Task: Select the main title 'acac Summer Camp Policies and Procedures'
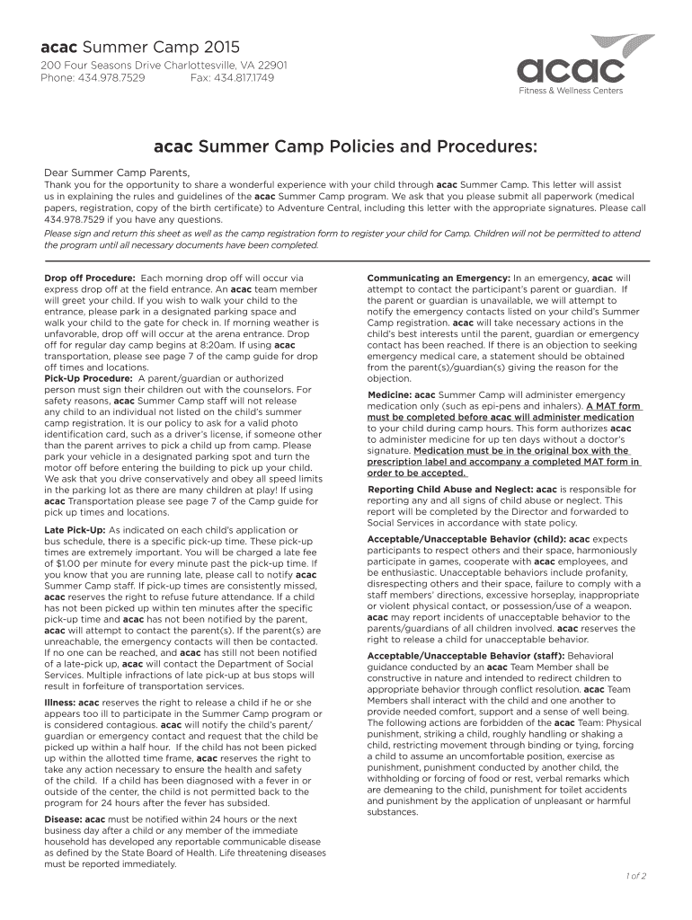[x=346, y=146]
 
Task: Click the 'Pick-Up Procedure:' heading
[x=89, y=378]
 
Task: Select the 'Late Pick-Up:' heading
[x=75, y=531]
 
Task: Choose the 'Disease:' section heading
[x=63, y=819]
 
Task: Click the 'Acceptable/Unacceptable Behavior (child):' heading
[x=460, y=539]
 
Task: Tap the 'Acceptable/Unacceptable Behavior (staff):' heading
[x=460, y=656]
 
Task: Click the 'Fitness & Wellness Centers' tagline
[x=581, y=91]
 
